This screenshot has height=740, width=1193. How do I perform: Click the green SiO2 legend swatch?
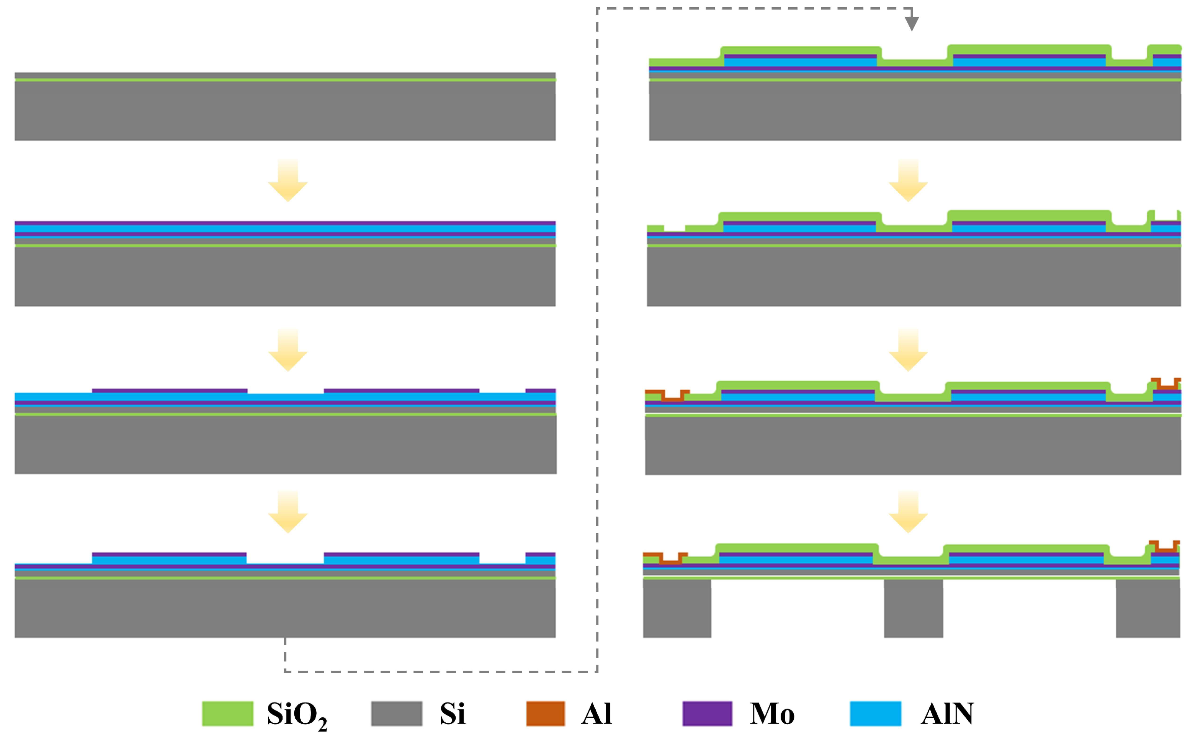click(227, 714)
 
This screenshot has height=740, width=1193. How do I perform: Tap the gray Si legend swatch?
click(396, 714)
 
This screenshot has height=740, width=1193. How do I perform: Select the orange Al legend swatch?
click(545, 714)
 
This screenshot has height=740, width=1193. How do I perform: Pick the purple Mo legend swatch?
click(707, 714)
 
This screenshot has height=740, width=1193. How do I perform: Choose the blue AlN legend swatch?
click(875, 714)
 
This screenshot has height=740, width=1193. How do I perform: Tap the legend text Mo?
click(772, 714)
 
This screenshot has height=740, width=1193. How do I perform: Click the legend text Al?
click(596, 714)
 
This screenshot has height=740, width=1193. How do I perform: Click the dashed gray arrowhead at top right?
click(911, 23)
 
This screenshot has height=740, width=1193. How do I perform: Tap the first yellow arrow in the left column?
click(288, 181)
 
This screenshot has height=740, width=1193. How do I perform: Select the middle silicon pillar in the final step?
click(913, 608)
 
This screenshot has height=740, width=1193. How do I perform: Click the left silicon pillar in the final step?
click(677, 608)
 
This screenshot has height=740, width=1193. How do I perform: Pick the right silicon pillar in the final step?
click(1147, 608)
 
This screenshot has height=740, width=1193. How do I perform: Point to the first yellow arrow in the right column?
click(908, 181)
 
